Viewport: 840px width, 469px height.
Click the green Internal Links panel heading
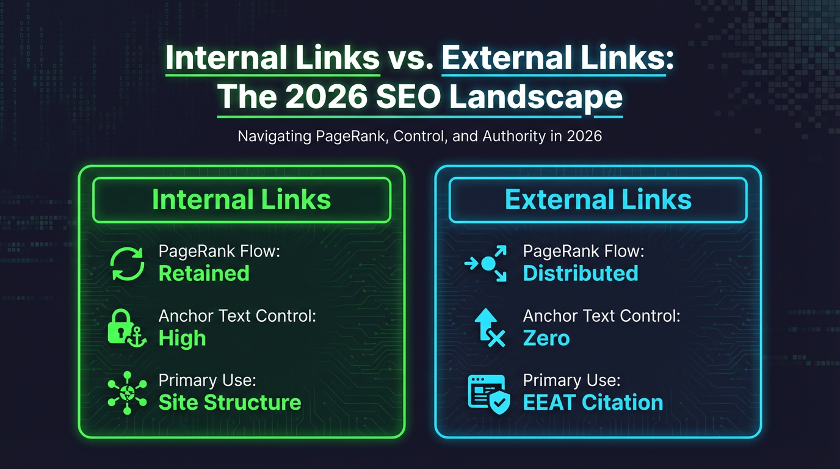click(x=241, y=200)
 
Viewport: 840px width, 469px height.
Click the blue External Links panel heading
click(x=598, y=200)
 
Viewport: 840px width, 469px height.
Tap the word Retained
click(x=204, y=273)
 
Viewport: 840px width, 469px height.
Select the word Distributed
click(x=581, y=273)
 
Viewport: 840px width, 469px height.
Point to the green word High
click(x=182, y=338)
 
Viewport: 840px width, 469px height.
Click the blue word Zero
click(x=546, y=338)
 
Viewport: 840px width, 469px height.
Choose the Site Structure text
click(x=230, y=402)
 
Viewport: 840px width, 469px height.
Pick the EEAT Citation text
click(x=593, y=402)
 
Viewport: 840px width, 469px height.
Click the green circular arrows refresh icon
click(x=127, y=264)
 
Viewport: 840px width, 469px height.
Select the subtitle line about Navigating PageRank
click(x=420, y=136)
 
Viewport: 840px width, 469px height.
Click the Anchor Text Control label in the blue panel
click(x=601, y=316)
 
